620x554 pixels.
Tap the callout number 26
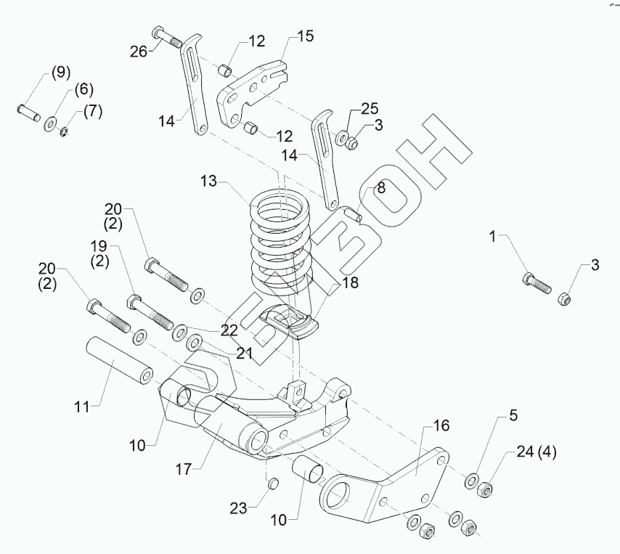point(139,52)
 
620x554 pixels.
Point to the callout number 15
point(306,36)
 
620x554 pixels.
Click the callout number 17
point(184,469)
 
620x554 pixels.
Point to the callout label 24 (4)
point(537,451)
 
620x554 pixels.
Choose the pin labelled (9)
point(29,113)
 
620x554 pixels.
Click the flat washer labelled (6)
point(50,124)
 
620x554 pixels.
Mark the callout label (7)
point(92,112)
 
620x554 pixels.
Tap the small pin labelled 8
point(354,214)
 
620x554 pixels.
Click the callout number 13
point(209,181)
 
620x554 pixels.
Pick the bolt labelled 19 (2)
point(150,312)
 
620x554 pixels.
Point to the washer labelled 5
point(471,481)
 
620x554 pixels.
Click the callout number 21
point(244,353)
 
